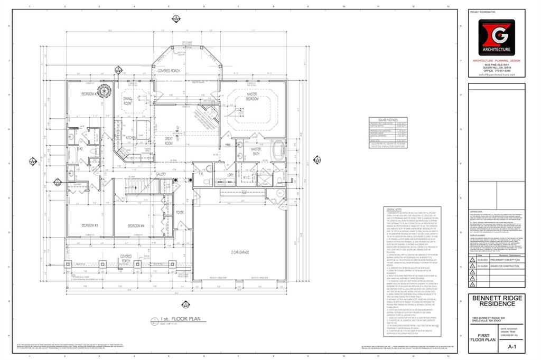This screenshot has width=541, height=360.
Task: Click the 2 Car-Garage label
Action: tap(240, 253)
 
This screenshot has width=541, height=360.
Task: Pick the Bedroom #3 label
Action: tap(90, 225)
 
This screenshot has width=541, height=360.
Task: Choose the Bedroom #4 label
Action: tap(136, 225)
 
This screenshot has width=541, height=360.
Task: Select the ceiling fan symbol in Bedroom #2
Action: tap(103, 91)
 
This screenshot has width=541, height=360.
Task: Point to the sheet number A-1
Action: tap(511, 347)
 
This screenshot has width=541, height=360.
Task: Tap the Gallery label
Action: tap(161, 174)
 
